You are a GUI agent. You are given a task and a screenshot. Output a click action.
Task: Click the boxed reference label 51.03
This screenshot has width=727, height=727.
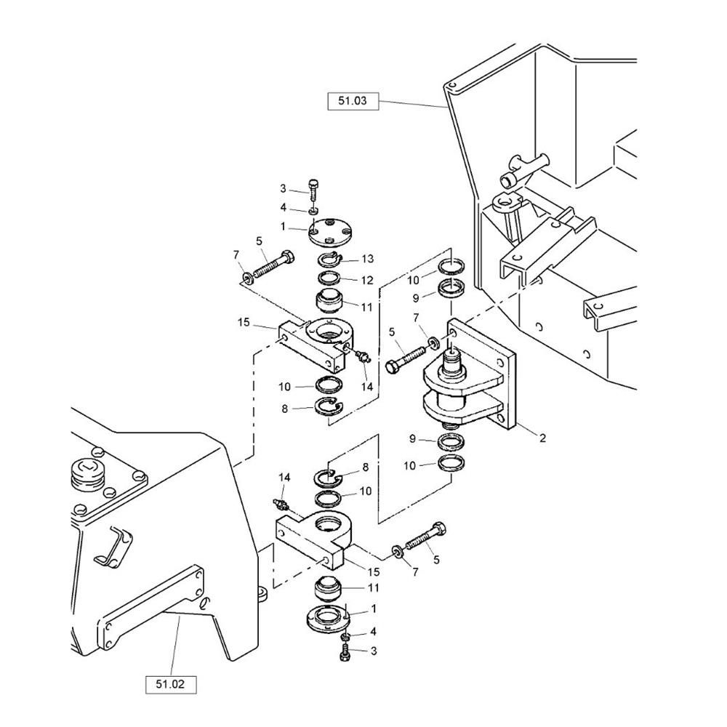point(353,101)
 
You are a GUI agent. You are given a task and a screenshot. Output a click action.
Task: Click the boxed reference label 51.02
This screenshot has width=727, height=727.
point(171,684)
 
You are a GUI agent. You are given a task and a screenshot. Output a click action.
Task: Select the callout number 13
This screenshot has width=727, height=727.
point(368,259)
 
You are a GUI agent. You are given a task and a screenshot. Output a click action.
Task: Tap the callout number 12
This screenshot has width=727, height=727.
point(367,280)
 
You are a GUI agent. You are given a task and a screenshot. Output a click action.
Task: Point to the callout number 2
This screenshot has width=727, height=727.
point(542,437)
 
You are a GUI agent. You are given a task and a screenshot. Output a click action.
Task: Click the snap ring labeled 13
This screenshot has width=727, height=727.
point(330,260)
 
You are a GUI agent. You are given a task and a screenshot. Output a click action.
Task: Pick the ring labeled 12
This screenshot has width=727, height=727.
point(329,278)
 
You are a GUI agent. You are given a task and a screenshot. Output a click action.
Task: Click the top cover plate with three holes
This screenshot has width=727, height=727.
point(330,233)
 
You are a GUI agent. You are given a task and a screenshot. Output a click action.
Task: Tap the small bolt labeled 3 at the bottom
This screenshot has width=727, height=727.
point(345,652)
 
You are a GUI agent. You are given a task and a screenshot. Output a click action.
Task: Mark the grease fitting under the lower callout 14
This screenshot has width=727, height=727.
point(281,505)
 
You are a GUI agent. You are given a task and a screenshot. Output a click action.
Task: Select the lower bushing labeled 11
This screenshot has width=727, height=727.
point(328,590)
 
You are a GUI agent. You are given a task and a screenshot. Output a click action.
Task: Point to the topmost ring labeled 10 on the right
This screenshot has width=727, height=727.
point(452,266)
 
